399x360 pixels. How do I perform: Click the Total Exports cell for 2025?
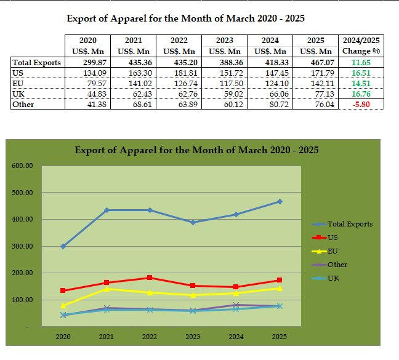click(x=320, y=62)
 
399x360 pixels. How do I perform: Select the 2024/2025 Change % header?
click(x=361, y=46)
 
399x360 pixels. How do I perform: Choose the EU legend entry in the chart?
click(x=332, y=251)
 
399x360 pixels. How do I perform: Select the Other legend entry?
click(x=337, y=265)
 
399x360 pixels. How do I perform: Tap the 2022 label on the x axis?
click(x=149, y=337)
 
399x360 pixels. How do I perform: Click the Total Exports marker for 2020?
click(x=63, y=246)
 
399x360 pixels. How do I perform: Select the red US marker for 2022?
click(x=150, y=278)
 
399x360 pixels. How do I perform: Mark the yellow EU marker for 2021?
click(x=107, y=289)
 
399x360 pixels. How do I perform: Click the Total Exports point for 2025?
click(x=280, y=201)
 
